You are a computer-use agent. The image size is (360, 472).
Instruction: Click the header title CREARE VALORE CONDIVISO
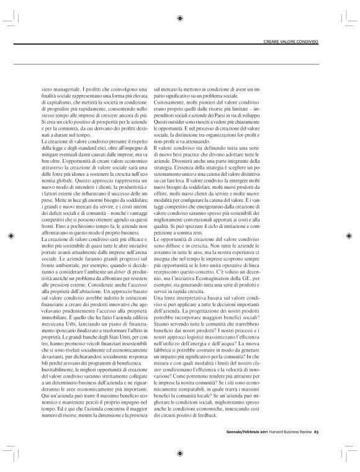tap(290, 41)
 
